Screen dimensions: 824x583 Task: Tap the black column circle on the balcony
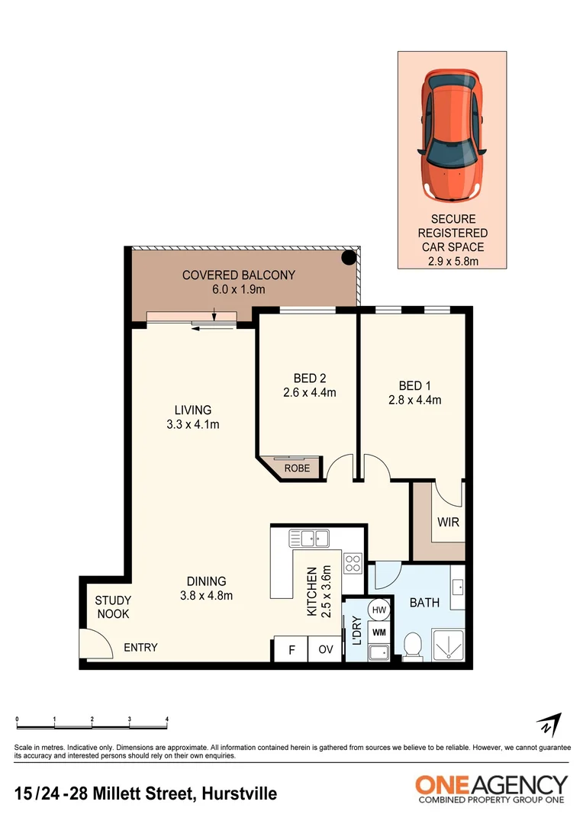click(348, 258)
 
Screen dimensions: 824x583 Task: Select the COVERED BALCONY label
click(238, 275)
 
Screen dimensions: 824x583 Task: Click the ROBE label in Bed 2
click(297, 468)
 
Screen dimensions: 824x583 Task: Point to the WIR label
click(448, 523)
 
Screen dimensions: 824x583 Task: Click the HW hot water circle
click(379, 610)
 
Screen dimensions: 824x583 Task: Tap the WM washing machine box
click(379, 632)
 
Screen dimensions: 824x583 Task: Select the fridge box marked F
click(291, 651)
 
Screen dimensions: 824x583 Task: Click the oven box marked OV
click(325, 651)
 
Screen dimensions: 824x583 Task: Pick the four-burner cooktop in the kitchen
click(353, 563)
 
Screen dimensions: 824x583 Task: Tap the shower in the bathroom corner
click(448, 645)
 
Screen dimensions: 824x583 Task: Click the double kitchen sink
click(309, 539)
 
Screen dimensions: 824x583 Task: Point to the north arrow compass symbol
click(549, 725)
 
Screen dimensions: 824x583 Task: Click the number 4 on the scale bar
click(166, 719)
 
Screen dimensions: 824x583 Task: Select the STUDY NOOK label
click(112, 607)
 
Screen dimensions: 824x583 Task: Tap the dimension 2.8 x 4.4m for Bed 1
click(414, 399)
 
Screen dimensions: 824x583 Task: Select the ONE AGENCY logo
click(491, 789)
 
